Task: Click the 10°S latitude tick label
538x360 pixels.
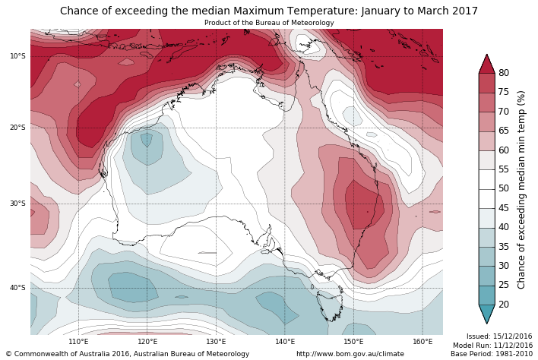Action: (x=17, y=56)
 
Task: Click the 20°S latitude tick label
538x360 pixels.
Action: (x=17, y=128)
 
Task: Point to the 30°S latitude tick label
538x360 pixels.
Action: (x=17, y=204)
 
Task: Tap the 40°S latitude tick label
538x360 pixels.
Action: (x=17, y=288)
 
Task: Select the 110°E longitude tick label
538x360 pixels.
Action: (x=78, y=342)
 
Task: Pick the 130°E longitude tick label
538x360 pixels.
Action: (x=216, y=342)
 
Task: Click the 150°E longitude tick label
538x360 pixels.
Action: (x=354, y=342)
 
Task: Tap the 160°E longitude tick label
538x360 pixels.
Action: (x=423, y=342)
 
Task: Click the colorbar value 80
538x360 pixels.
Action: (x=504, y=73)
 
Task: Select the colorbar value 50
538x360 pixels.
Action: (x=504, y=188)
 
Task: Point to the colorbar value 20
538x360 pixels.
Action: (x=504, y=305)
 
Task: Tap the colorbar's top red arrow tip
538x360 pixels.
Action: (x=486, y=55)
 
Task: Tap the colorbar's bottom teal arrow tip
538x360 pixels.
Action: (x=486, y=323)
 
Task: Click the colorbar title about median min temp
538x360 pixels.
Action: (x=522, y=189)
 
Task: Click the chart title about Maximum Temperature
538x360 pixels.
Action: (x=269, y=11)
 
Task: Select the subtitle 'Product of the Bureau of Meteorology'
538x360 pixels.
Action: (x=269, y=23)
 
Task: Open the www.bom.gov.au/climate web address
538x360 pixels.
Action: (x=350, y=354)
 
